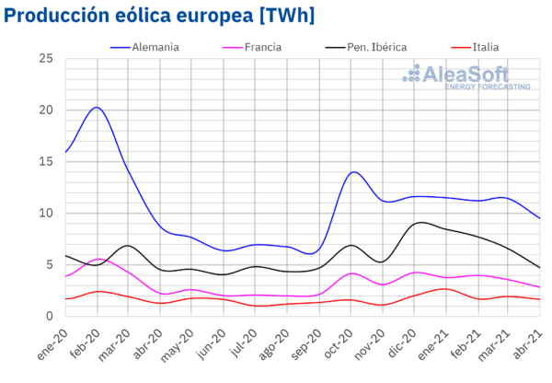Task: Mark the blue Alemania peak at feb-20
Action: [97, 108]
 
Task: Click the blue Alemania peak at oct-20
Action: [353, 172]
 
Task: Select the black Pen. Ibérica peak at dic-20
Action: [420, 222]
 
